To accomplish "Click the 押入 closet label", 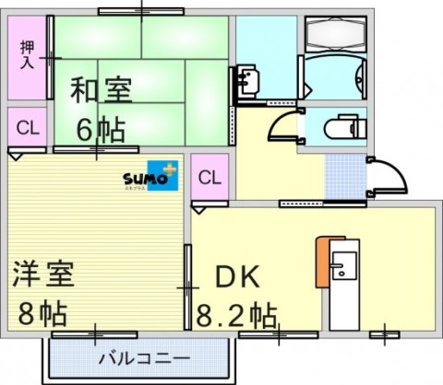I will point(27,55).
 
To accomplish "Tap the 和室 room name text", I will point(102,90).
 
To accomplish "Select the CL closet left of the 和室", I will point(27,128).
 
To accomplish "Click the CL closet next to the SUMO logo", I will point(210,177).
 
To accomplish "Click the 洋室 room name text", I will point(43,274).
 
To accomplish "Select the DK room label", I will point(238,276).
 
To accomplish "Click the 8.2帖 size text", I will point(236,315).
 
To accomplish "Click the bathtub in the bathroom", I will point(334,36).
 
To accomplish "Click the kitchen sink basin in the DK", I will point(342,271).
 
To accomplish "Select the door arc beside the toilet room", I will point(283,126).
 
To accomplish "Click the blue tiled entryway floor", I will point(343,173).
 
